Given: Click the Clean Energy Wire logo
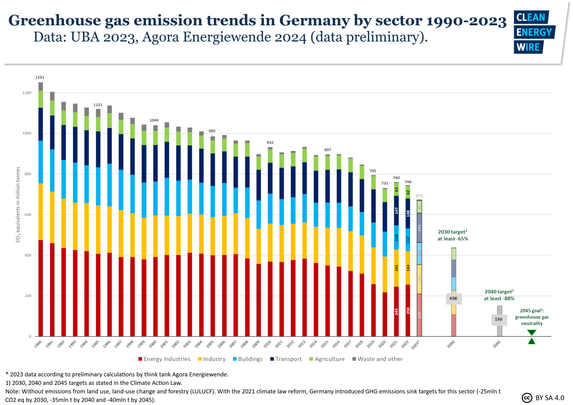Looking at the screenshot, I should (533, 32).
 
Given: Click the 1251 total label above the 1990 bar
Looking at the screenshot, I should (41, 77).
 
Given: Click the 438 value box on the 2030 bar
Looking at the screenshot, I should (454, 298).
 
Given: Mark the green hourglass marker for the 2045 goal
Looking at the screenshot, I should (531, 337).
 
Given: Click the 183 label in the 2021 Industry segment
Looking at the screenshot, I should (396, 268).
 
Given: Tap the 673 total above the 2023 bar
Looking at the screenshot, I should (419, 196).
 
